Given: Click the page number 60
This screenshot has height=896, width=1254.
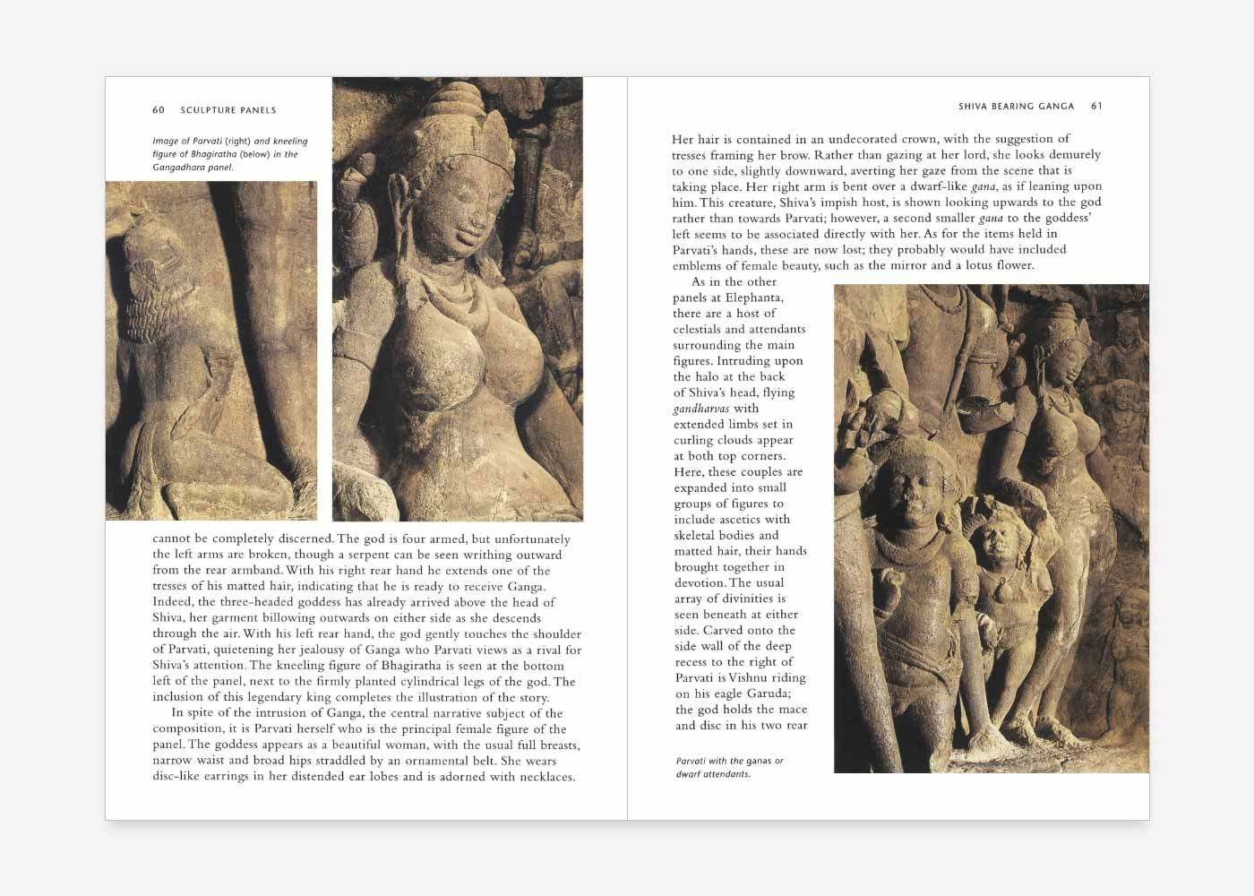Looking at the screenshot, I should (x=159, y=110).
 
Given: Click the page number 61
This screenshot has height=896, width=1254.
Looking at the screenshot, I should (x=1096, y=106).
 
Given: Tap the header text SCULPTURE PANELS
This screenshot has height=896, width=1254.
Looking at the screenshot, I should (x=228, y=110).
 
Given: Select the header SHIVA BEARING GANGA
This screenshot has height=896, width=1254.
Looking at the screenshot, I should (x=1016, y=106).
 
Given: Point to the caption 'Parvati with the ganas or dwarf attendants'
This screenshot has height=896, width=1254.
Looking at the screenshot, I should (x=729, y=767).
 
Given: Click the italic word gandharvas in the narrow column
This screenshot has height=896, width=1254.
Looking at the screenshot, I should (x=701, y=409).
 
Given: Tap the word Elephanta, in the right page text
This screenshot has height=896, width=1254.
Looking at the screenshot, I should (x=754, y=297).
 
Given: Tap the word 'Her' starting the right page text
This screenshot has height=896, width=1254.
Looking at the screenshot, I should (x=683, y=140).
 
